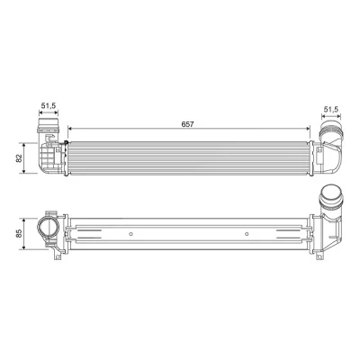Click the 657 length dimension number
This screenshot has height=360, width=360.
(x=188, y=124)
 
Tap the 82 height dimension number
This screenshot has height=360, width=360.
(x=19, y=157)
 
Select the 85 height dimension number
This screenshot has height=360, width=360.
(x=19, y=233)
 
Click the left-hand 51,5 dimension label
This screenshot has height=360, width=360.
(x=49, y=105)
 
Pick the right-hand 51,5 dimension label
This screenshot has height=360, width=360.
(x=331, y=109)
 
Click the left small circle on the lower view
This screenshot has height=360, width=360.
(x=130, y=234)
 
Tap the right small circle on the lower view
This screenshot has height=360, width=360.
(x=247, y=234)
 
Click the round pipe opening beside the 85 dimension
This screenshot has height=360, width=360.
(x=47, y=228)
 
